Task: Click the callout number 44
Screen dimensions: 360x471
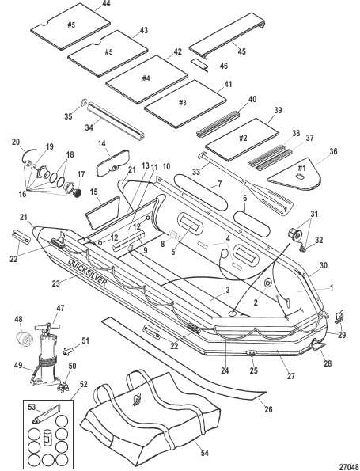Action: click(x=106, y=4)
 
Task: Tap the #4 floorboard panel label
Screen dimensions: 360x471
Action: click(x=146, y=78)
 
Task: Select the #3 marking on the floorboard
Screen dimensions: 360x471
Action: click(x=183, y=103)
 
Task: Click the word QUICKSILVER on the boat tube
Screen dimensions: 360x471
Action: click(x=87, y=272)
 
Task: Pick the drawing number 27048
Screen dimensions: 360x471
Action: click(x=349, y=467)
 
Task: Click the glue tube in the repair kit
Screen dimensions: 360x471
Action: click(x=47, y=414)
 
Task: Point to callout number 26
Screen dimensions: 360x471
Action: click(x=268, y=408)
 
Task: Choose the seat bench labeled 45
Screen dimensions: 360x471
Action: click(x=228, y=35)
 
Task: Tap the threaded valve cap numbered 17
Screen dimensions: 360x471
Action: click(x=78, y=193)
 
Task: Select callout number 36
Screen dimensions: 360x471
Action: click(x=333, y=151)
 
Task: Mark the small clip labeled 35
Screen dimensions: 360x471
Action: click(x=83, y=103)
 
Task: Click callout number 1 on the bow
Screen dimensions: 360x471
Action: click(x=332, y=287)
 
